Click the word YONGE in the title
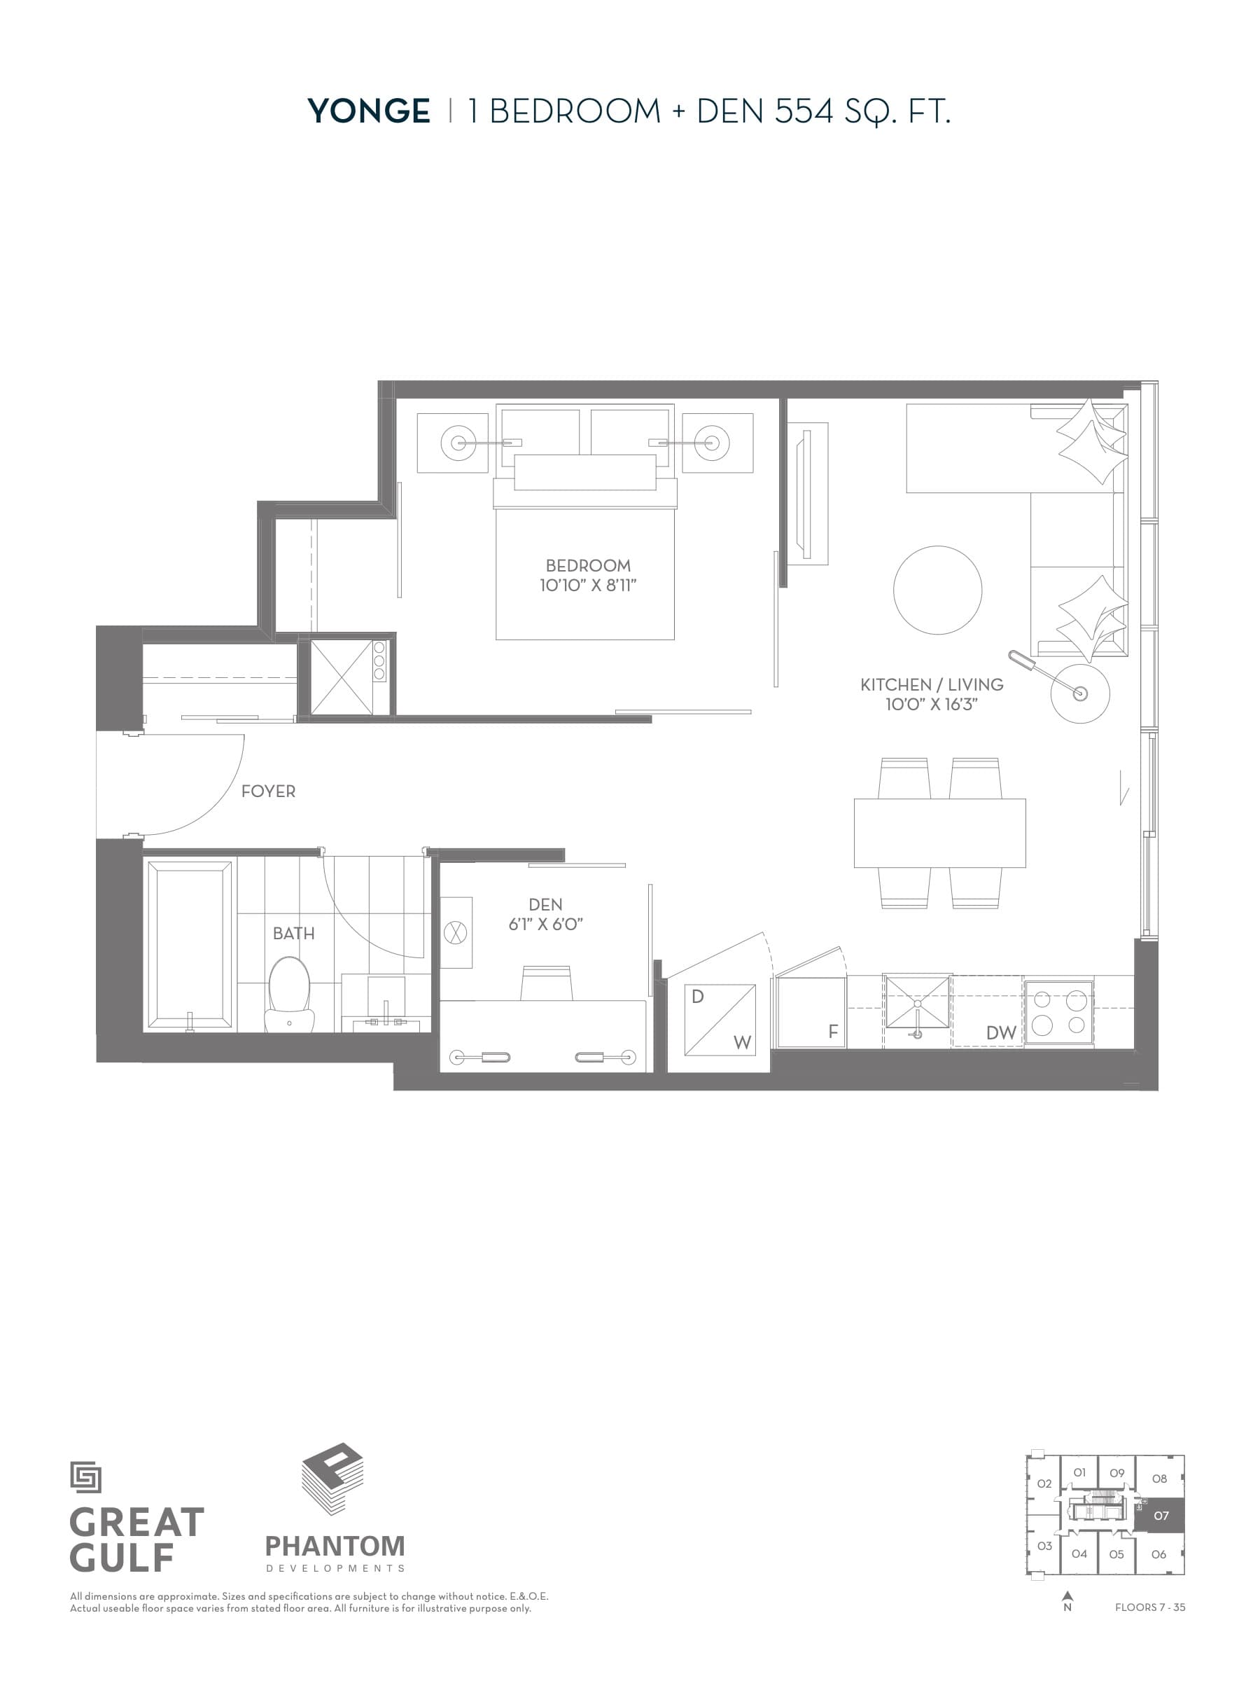368,111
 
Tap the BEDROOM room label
588,565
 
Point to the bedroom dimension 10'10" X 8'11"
588,585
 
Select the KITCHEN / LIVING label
931,685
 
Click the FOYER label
268,791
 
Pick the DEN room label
545,904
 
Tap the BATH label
293,933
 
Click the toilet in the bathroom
289,992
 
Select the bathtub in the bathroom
190,945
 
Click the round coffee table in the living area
937,590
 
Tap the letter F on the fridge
832,1031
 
